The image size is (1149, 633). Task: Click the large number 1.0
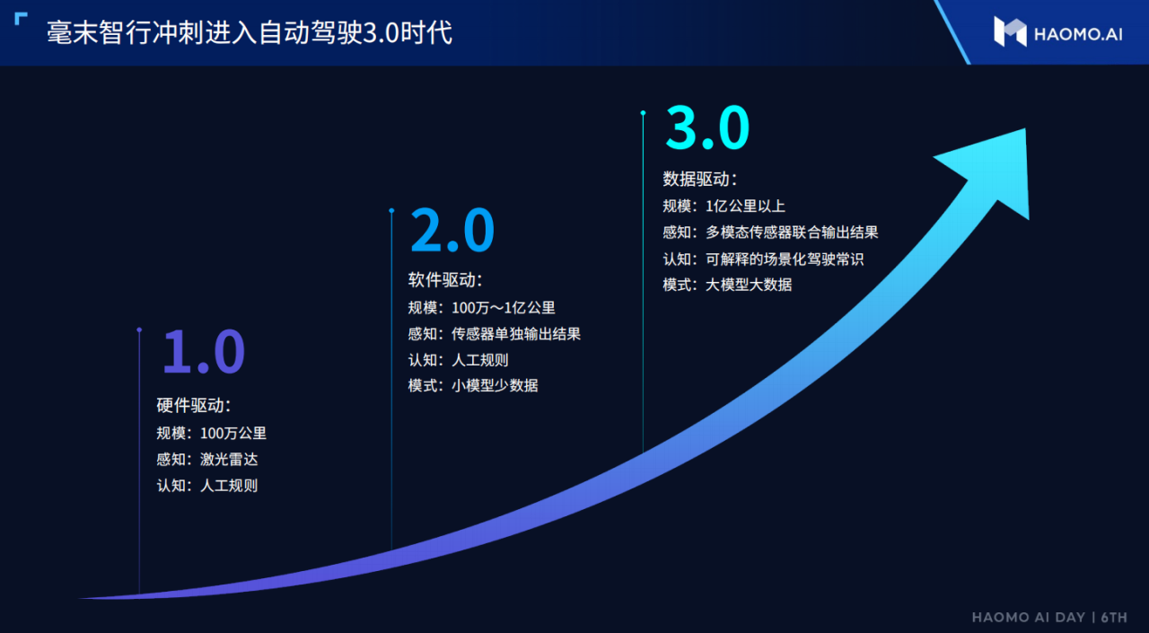(204, 351)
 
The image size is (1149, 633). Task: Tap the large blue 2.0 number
(452, 231)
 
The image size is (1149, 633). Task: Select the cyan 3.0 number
(707, 127)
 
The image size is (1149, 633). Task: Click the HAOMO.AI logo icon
(1010, 31)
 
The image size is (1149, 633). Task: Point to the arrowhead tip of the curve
(1025, 128)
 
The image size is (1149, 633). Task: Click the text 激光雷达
(229, 459)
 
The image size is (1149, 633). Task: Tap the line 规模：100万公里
(211, 434)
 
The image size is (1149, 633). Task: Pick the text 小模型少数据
(495, 385)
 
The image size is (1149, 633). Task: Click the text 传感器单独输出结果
(516, 334)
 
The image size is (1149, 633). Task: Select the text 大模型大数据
(749, 285)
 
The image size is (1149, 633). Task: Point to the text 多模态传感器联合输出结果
(792, 233)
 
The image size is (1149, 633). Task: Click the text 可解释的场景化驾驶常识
(785, 259)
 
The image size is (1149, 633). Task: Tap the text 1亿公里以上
(745, 207)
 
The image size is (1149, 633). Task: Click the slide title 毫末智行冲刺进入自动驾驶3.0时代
(250, 33)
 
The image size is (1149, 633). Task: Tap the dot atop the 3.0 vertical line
(644, 113)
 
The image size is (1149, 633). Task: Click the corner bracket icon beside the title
(21, 19)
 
